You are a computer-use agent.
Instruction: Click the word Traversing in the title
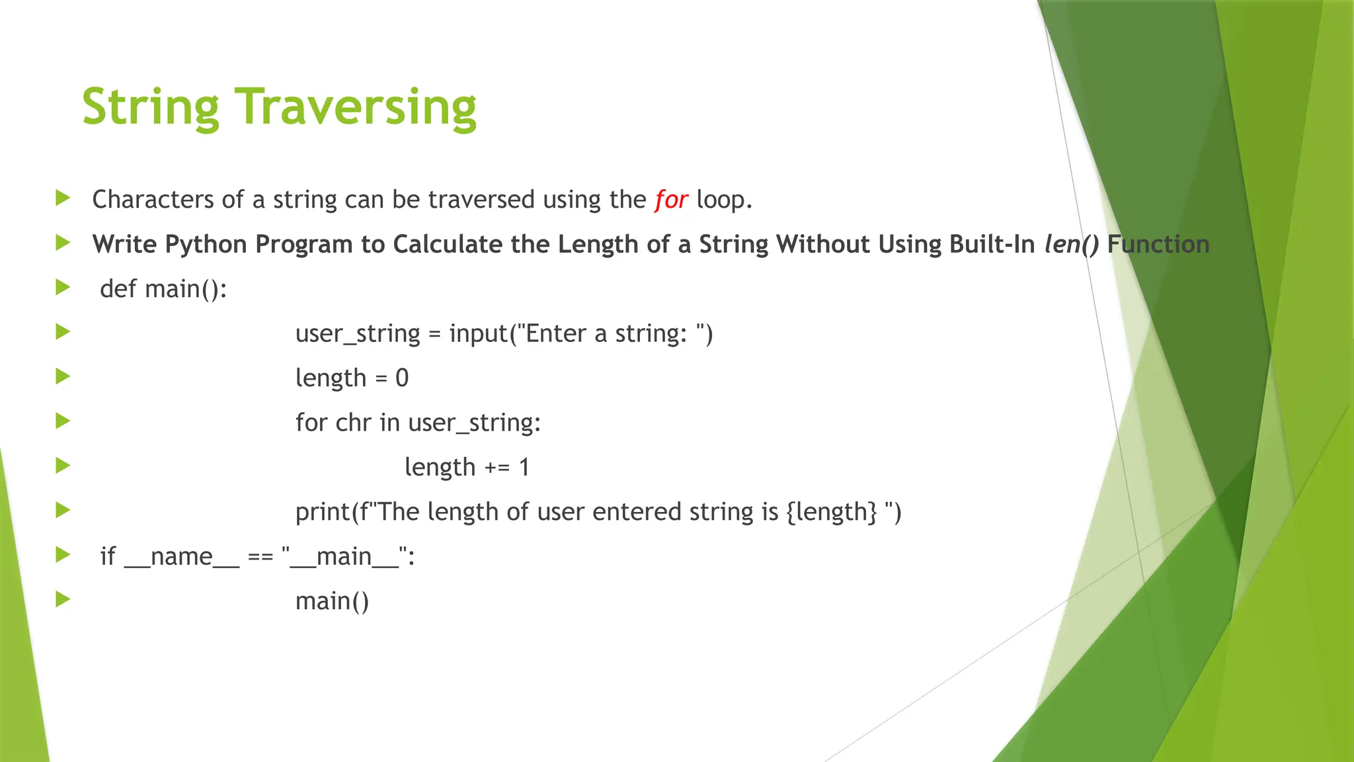(x=356, y=106)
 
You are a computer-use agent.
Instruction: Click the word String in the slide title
(x=150, y=106)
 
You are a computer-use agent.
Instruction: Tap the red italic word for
(x=671, y=199)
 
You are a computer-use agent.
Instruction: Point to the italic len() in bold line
(x=1071, y=244)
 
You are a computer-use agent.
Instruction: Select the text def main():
(x=163, y=289)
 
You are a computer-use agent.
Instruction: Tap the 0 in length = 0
(x=402, y=378)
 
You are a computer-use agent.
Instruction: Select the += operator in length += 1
(x=497, y=467)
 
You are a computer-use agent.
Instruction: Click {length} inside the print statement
(x=832, y=511)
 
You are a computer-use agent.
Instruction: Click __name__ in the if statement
(x=182, y=556)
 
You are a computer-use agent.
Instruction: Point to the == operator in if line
(x=260, y=556)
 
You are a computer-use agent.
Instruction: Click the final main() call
(x=332, y=601)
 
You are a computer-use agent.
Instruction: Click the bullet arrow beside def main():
(x=63, y=287)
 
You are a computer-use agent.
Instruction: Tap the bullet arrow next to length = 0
(x=63, y=376)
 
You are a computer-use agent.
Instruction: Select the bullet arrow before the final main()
(x=63, y=599)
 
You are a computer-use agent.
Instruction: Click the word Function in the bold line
(x=1158, y=244)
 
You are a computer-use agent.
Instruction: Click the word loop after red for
(x=724, y=199)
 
